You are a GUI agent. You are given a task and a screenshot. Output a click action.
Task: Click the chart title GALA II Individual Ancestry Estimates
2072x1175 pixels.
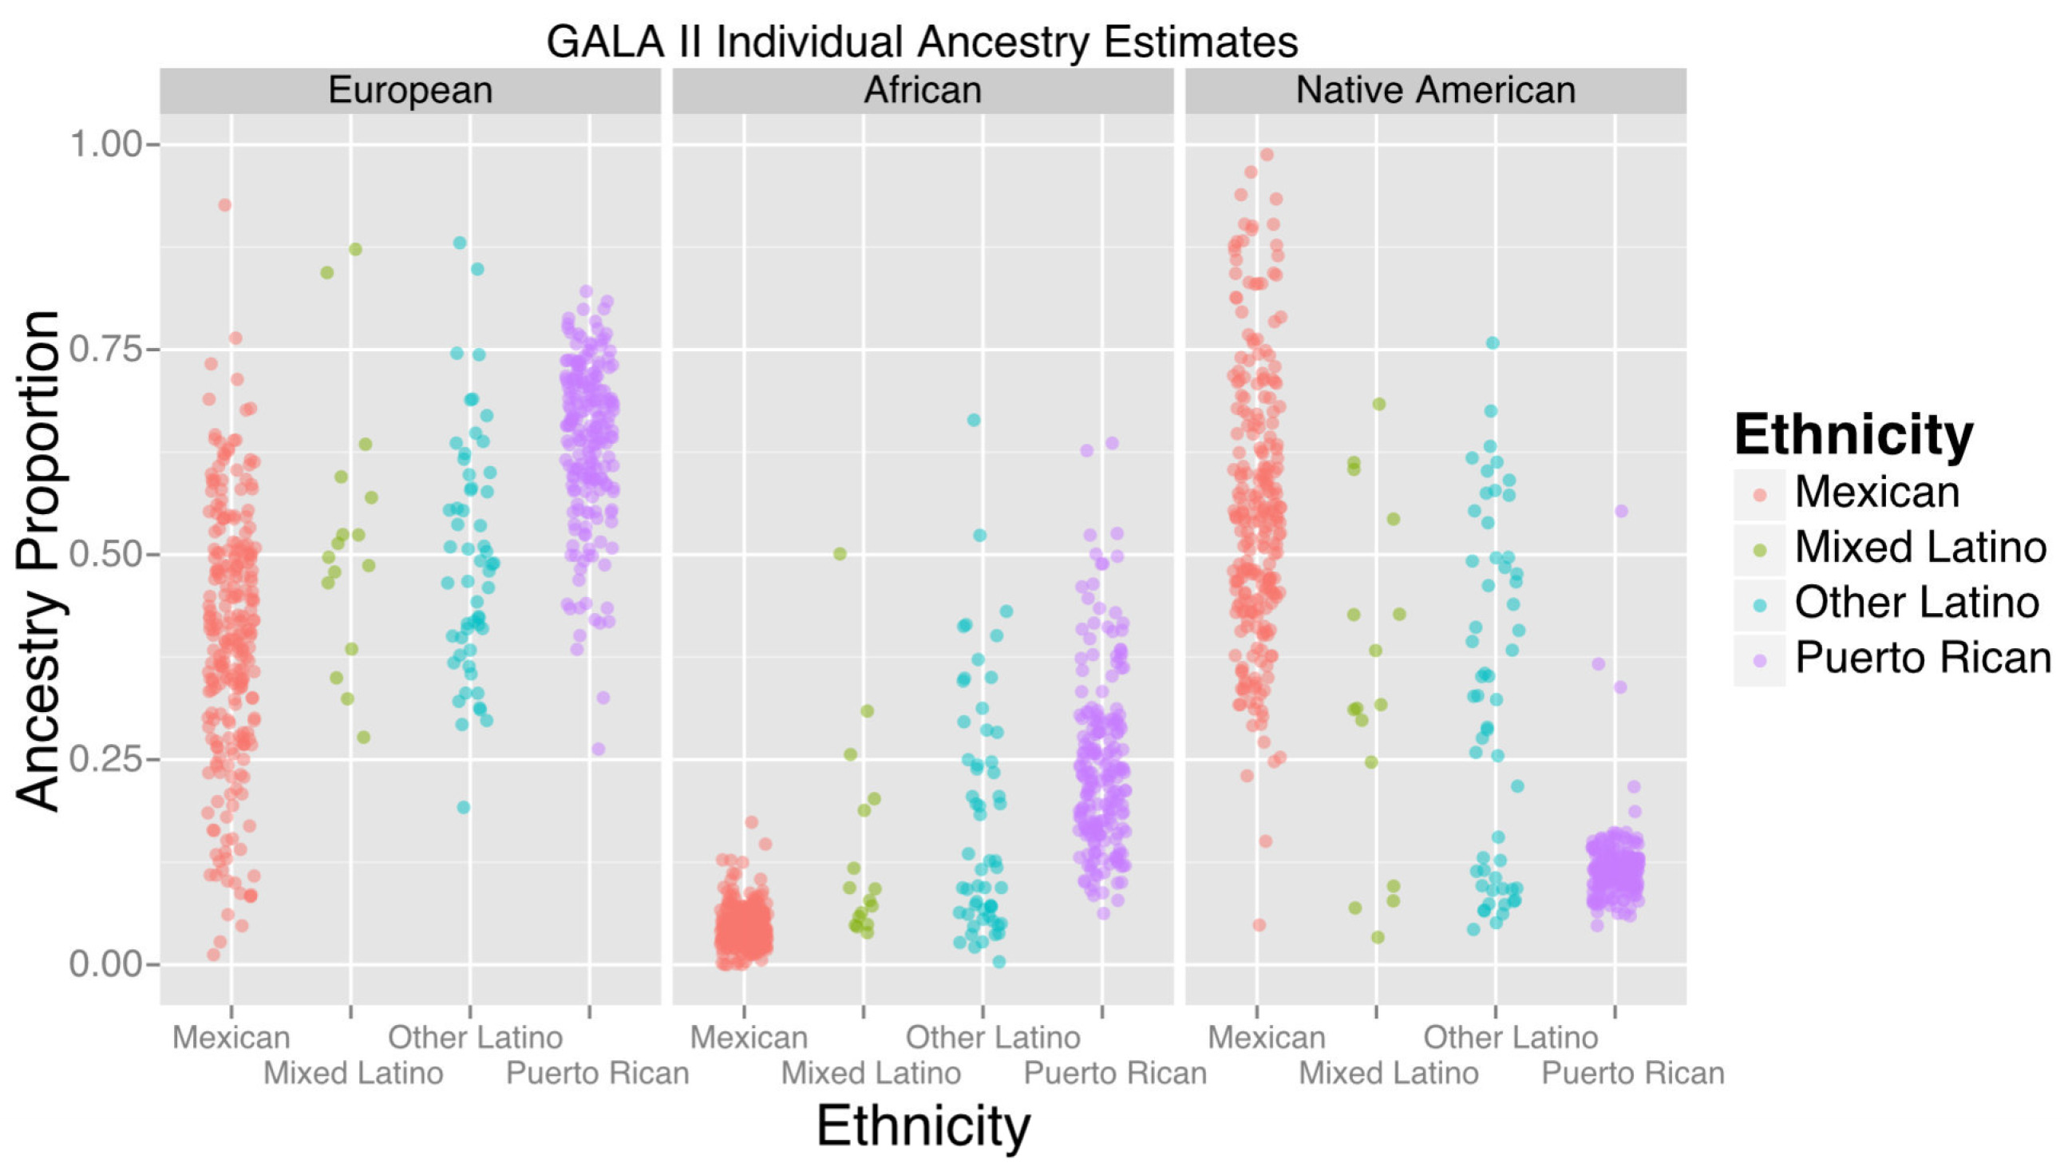click(921, 42)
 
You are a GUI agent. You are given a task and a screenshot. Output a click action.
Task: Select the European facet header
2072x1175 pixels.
click(410, 90)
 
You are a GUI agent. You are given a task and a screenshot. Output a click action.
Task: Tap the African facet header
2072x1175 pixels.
click(922, 90)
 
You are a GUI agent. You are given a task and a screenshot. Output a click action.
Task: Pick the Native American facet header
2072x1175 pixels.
click(1435, 90)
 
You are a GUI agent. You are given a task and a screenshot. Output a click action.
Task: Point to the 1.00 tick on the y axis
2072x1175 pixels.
click(105, 145)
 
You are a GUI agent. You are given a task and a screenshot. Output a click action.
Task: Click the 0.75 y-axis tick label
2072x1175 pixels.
click(105, 350)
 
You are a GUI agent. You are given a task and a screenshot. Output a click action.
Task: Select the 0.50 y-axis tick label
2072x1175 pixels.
click(105, 556)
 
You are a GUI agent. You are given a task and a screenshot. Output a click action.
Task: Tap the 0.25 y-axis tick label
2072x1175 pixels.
click(105, 759)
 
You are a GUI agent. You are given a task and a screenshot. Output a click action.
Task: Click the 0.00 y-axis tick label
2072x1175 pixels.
click(105, 964)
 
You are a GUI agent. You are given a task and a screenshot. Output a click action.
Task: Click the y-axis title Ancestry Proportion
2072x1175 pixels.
click(39, 560)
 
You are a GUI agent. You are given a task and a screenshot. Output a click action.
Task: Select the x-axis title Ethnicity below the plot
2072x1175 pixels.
click(923, 1126)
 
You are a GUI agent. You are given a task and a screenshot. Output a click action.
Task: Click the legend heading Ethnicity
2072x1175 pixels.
click(1853, 435)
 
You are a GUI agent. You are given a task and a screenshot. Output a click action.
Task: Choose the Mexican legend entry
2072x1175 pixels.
click(1876, 492)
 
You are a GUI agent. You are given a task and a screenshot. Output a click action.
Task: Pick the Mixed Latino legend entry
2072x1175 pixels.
click(1920, 547)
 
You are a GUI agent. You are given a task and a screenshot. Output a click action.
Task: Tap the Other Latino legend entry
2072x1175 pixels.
click(1916, 603)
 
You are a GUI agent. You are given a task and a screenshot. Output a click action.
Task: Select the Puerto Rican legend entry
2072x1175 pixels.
click(1923, 658)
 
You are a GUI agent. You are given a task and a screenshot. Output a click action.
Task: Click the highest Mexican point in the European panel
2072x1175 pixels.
click(225, 205)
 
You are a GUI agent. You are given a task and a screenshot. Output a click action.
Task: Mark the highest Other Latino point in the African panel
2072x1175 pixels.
click(974, 420)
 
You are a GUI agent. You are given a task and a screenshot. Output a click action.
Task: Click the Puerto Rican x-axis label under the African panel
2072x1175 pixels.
click(1115, 1074)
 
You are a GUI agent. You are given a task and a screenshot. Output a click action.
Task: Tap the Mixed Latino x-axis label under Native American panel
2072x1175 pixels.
click(1389, 1074)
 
